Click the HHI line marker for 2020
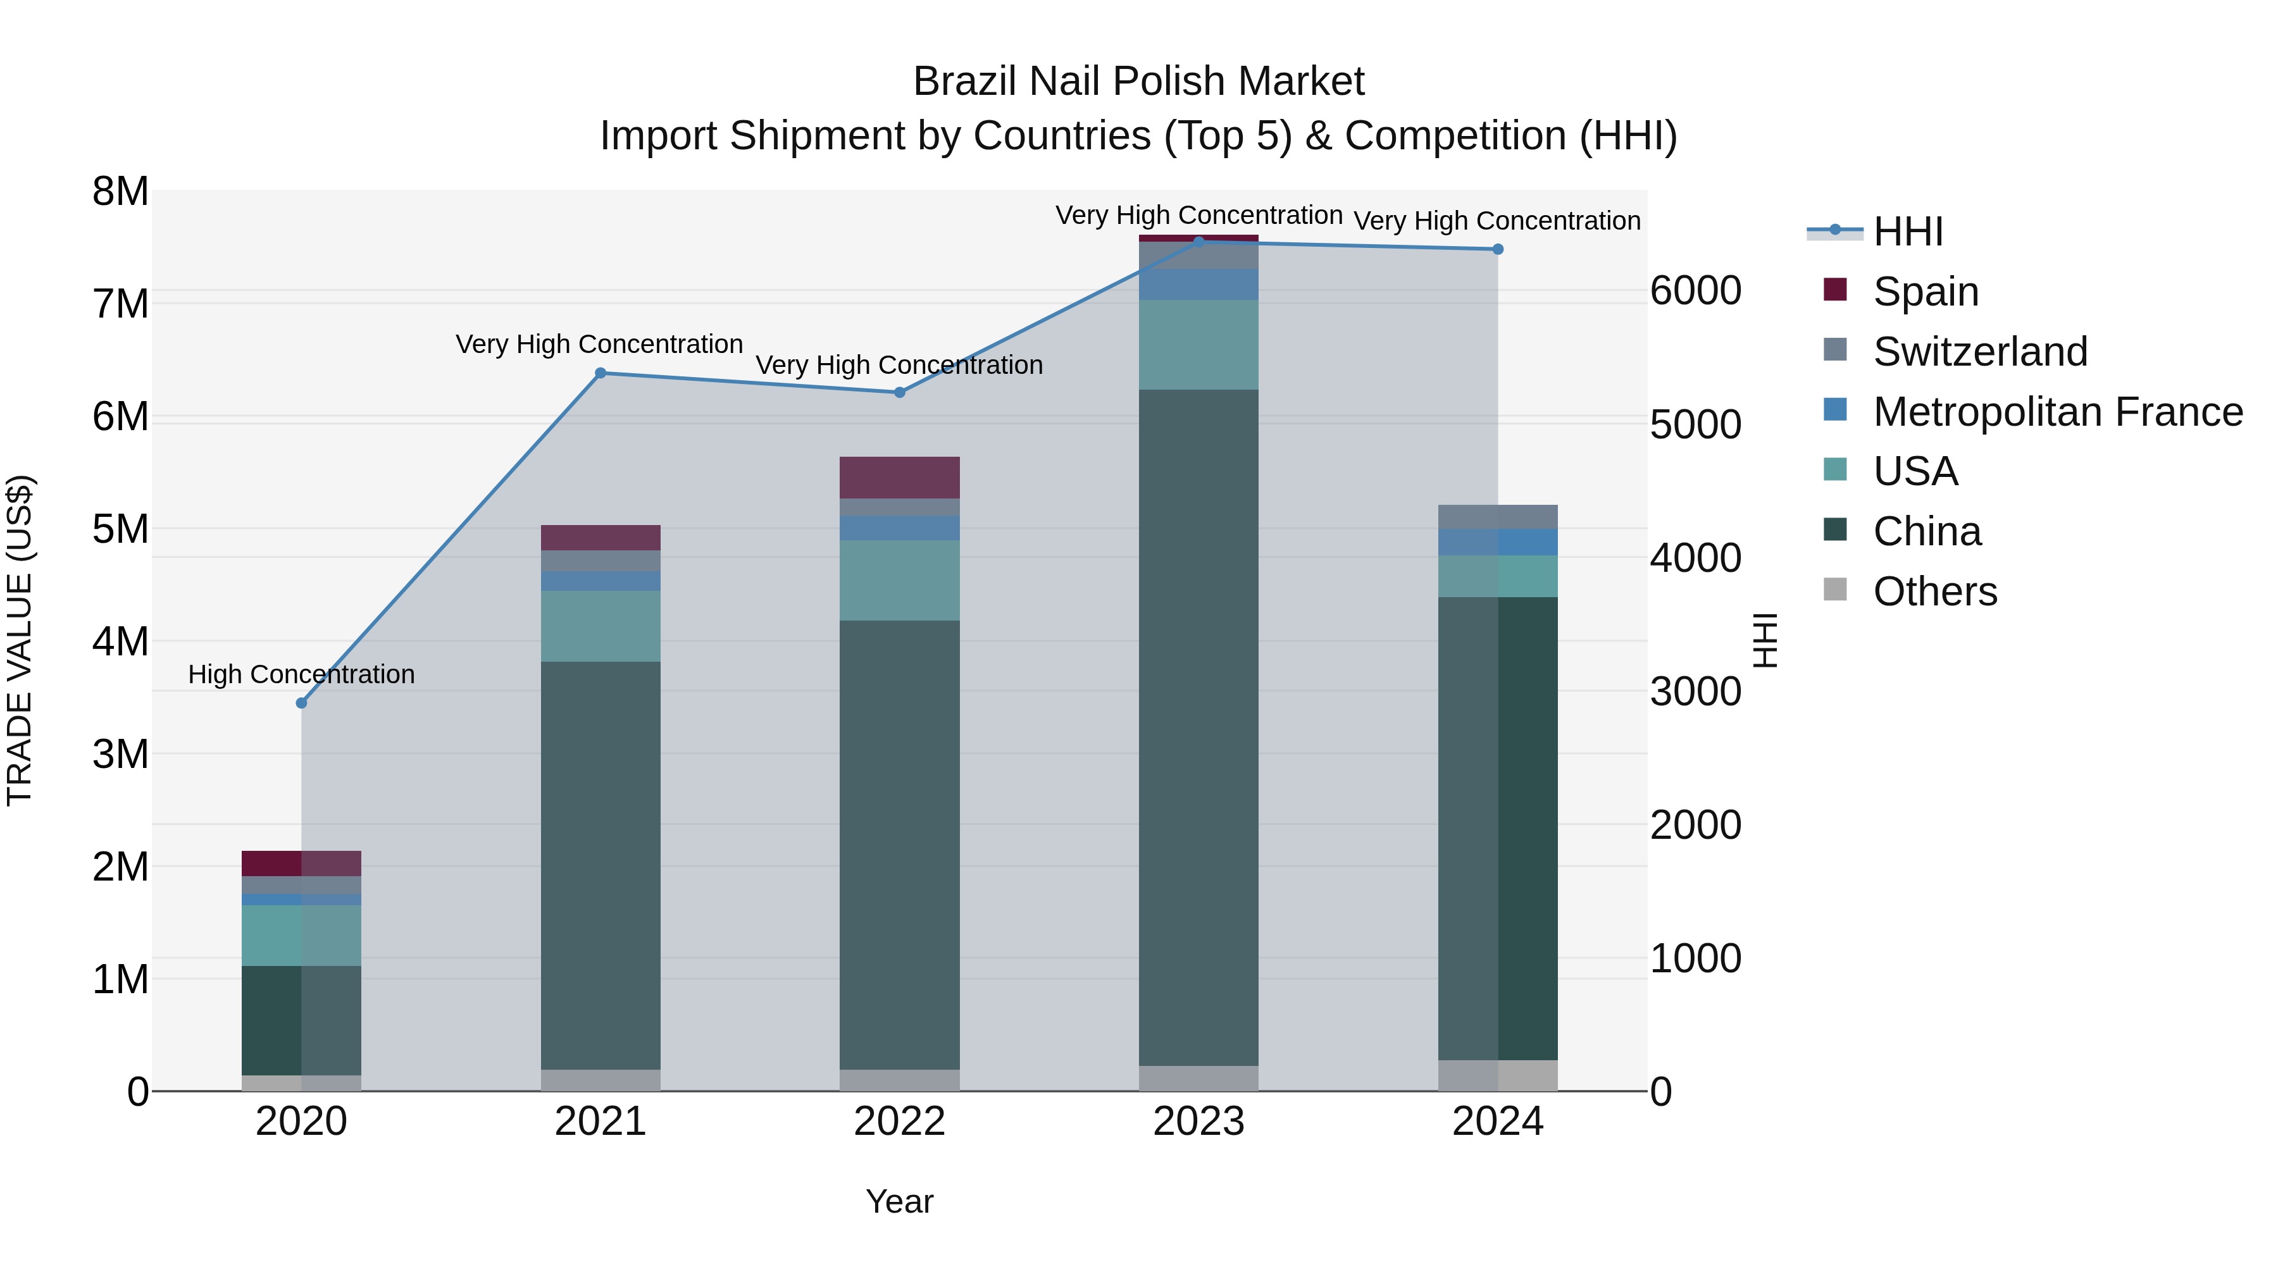[x=302, y=703]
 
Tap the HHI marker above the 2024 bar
[x=1498, y=249]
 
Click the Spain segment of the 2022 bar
[x=899, y=478]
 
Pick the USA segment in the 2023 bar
[x=1198, y=345]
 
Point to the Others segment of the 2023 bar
[x=1198, y=1078]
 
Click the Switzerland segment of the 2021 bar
[x=601, y=560]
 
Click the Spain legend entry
[x=1925, y=292]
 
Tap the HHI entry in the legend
[x=1907, y=232]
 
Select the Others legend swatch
[x=1835, y=590]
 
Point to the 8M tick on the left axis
[x=120, y=192]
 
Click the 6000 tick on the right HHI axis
[x=1695, y=291]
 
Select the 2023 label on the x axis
[x=1198, y=1122]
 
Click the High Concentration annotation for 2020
[x=302, y=674]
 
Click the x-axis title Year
[x=899, y=1201]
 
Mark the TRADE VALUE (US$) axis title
[x=20, y=640]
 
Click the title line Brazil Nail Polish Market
[x=1138, y=82]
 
